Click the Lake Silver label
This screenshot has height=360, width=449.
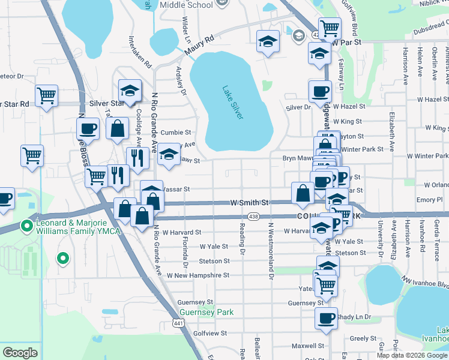coord(233,103)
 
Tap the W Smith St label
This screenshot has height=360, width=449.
coord(249,203)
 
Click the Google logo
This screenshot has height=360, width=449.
coord(20,353)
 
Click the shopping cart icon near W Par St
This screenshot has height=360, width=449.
coord(330,28)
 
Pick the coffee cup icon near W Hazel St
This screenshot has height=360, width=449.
coord(320,91)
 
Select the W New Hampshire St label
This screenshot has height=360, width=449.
coord(198,275)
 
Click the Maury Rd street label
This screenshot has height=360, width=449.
coord(199,47)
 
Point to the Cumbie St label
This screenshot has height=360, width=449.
coord(175,133)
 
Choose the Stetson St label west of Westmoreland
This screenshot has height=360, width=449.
coord(214,261)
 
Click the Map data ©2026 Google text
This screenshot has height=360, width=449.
coord(412,355)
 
